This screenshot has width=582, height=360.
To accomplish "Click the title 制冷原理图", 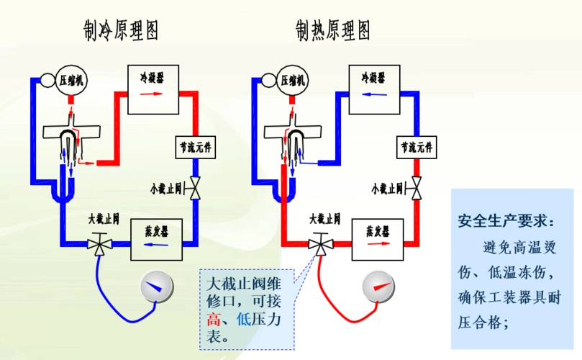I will point(122,31).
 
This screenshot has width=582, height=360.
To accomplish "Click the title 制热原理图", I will point(333,31).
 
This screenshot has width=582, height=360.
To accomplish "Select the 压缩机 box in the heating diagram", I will point(293,80).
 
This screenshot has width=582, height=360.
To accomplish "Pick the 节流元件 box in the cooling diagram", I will point(196,148).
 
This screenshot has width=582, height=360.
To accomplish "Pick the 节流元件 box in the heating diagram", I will point(417,148).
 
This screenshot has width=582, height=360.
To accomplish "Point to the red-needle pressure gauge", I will point(379,286).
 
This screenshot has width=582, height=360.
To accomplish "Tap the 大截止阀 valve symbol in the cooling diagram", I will point(98,244).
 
